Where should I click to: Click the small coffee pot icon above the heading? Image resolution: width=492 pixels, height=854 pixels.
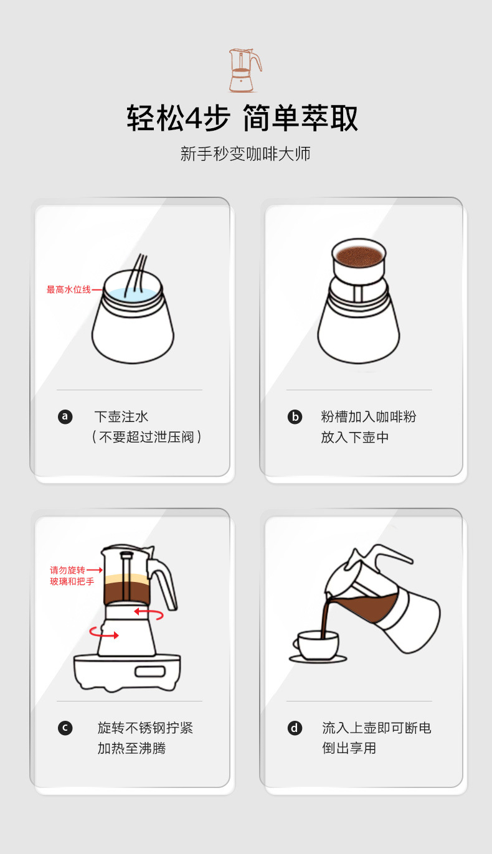click(x=244, y=70)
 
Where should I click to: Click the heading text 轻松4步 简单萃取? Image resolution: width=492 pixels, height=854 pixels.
click(x=243, y=118)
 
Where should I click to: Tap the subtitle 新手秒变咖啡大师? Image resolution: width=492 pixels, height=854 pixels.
click(x=245, y=154)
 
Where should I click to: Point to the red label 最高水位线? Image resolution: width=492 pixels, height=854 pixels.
click(x=69, y=289)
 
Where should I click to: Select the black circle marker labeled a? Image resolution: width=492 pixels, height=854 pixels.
click(x=65, y=416)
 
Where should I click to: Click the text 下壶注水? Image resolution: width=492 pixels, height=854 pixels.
click(x=121, y=416)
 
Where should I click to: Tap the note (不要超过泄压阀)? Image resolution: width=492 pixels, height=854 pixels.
click(x=147, y=437)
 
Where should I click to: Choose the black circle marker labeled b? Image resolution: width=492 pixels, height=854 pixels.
click(x=295, y=416)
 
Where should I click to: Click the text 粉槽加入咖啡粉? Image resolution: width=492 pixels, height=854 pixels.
click(x=368, y=416)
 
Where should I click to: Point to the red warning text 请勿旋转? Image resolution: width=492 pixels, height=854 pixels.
click(x=67, y=570)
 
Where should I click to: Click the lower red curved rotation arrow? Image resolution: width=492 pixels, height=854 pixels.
click(x=103, y=634)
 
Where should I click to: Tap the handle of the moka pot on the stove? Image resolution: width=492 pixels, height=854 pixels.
click(x=163, y=582)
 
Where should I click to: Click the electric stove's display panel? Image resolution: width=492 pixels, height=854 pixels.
click(x=150, y=672)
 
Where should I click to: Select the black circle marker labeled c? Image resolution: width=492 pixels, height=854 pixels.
click(x=65, y=728)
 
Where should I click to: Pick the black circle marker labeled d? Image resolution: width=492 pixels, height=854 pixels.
click(x=295, y=728)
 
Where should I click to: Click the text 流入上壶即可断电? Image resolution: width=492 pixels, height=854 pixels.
click(x=376, y=728)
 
